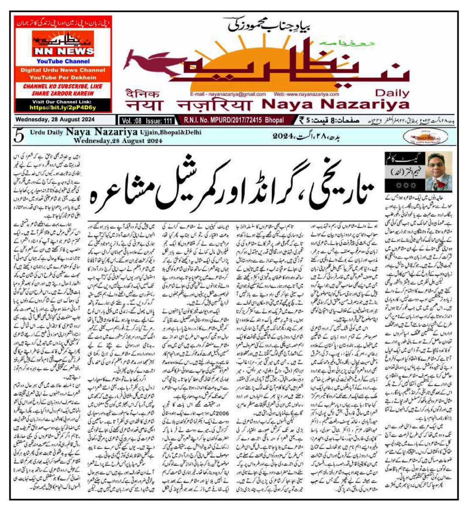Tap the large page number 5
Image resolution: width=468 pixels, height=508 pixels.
(19, 135)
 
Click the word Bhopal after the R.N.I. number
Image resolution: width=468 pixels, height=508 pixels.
(273, 121)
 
